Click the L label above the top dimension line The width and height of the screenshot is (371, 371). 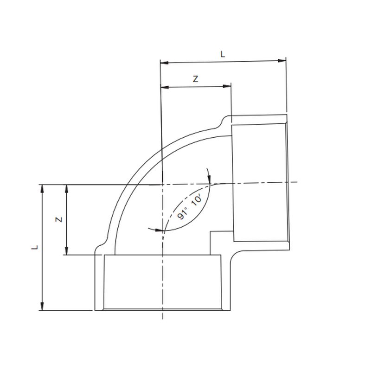223,54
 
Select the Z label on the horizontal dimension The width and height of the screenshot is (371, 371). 196,79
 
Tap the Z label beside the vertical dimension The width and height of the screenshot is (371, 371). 59,219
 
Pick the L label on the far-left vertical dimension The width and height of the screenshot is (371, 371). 34,248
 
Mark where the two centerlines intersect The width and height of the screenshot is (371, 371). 162,184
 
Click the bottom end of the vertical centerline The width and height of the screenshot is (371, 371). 162,319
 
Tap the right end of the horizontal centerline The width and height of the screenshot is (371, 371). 297,181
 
